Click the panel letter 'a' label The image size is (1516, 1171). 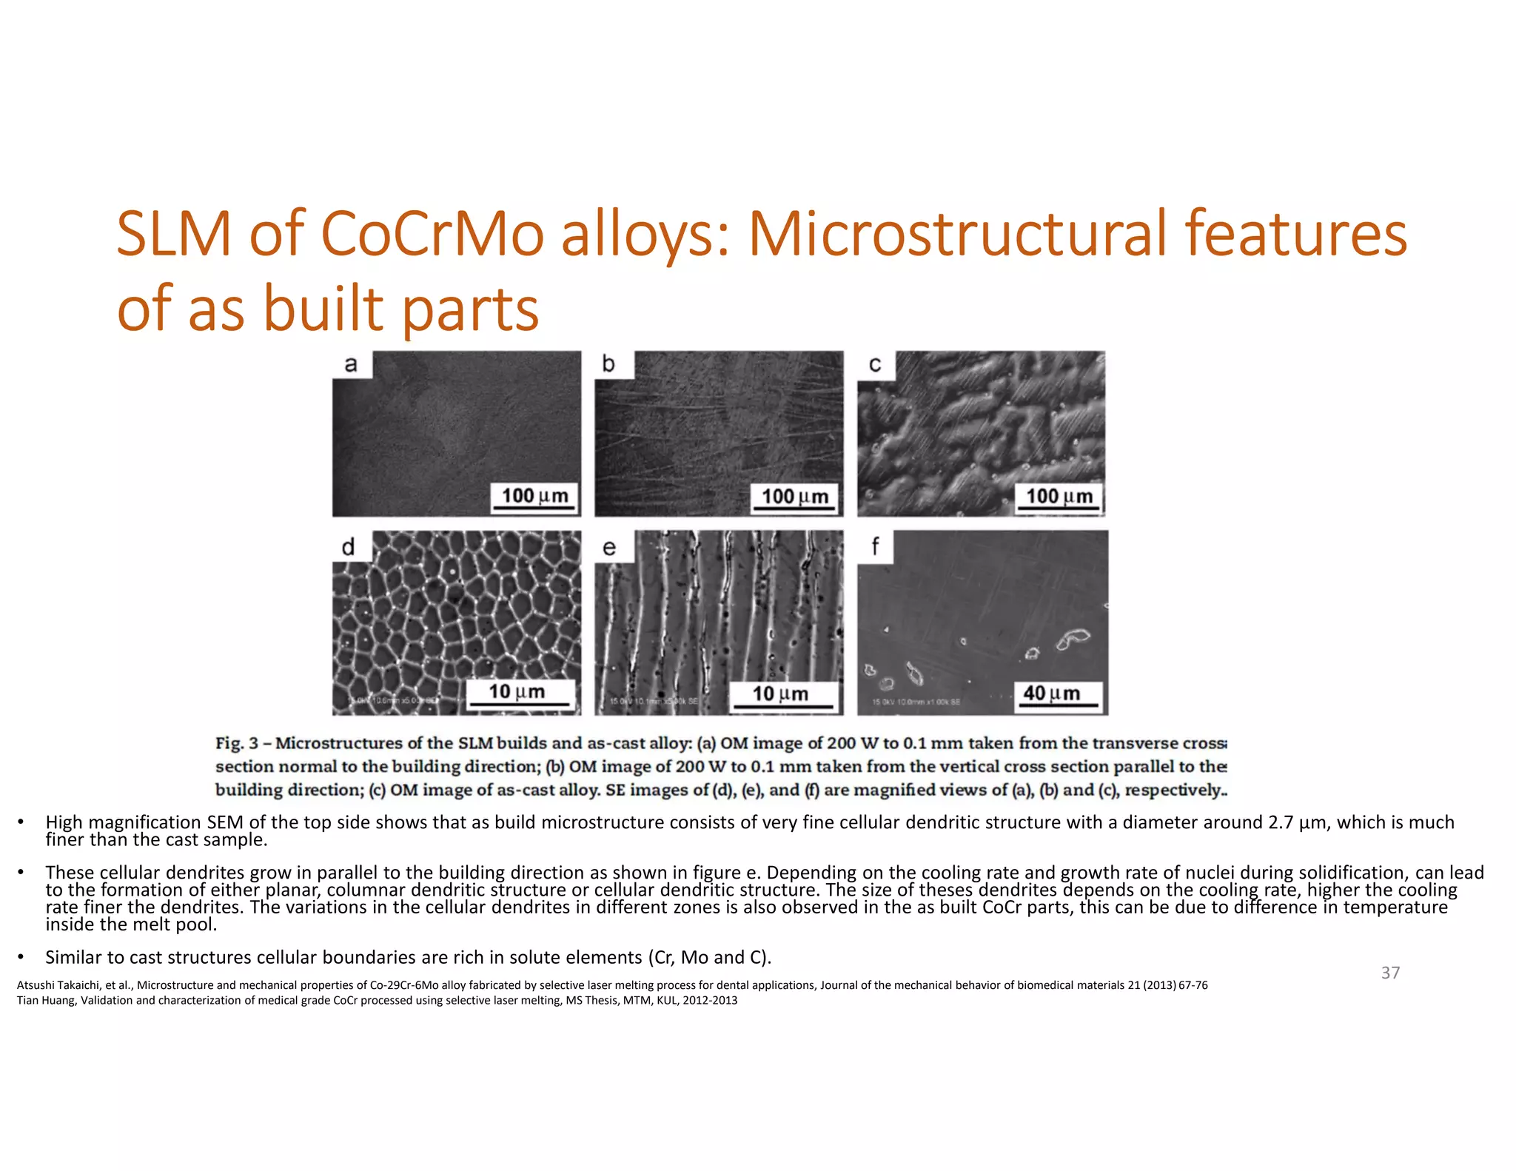(351, 364)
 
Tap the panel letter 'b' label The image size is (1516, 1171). (608, 364)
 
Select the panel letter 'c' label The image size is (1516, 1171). (875, 364)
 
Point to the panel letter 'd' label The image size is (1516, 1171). (349, 547)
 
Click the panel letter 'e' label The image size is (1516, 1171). (609, 548)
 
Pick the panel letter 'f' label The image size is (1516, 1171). (875, 547)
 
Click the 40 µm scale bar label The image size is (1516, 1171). (1051, 694)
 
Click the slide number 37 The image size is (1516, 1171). (1390, 973)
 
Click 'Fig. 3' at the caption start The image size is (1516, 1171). (237, 743)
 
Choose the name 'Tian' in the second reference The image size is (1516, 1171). (26, 1001)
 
